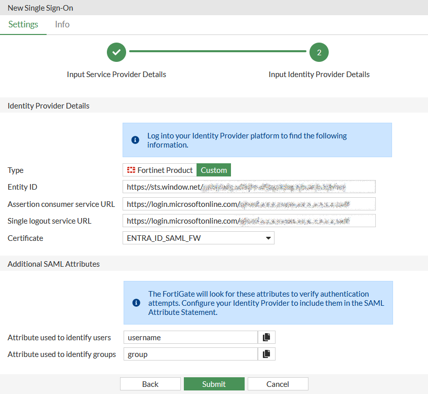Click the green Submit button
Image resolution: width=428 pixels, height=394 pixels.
214,384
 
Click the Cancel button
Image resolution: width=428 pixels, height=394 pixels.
278,384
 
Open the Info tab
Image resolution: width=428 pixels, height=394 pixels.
62,24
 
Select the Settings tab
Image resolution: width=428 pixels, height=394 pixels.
23,24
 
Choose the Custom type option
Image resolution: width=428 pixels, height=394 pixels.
214,170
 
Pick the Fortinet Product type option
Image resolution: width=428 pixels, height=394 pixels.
160,170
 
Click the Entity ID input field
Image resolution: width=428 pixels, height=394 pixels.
249,187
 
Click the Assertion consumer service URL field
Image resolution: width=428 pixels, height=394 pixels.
249,204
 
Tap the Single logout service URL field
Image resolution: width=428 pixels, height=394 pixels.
249,221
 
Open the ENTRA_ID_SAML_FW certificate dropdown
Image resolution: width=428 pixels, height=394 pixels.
198,238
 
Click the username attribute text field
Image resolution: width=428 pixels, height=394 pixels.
190,337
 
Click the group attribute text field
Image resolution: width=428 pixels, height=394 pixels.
190,354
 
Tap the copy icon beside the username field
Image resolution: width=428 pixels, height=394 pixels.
266,337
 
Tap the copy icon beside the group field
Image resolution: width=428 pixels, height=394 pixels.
266,354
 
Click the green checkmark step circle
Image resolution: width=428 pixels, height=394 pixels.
116,52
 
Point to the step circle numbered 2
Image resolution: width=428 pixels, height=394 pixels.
319,52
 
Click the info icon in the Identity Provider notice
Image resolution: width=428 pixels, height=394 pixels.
135,140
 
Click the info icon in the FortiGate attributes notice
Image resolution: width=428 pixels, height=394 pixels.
136,303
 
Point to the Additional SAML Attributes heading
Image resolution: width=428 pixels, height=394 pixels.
54,264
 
